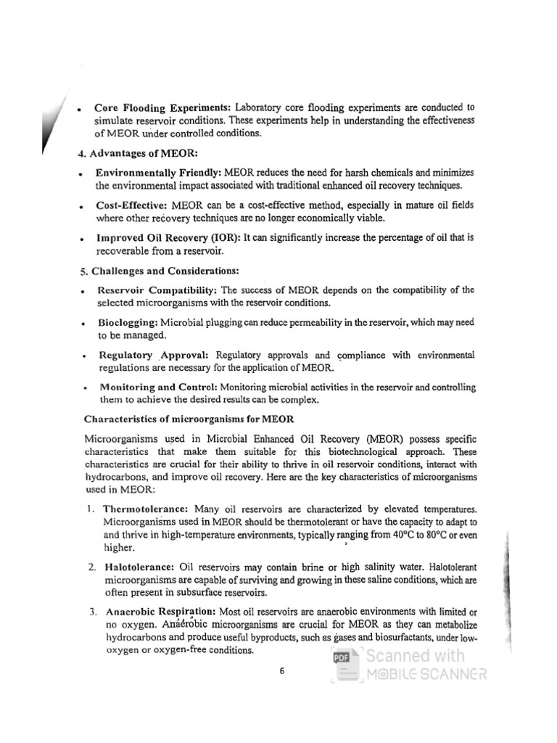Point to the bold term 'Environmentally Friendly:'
point(159,172)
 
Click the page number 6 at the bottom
point(282,671)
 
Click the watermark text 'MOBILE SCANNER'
point(426,675)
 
